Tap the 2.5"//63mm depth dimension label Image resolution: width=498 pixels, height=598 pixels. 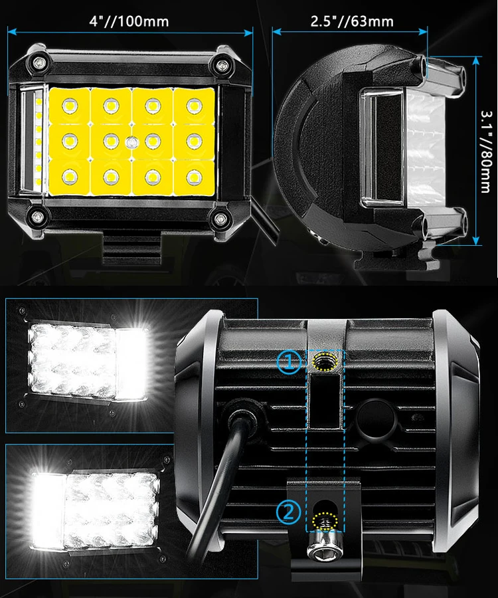point(352,21)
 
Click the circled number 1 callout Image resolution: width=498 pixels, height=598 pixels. point(289,361)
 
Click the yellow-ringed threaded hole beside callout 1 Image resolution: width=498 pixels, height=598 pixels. point(325,363)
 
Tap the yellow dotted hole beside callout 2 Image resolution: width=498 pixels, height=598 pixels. point(325,516)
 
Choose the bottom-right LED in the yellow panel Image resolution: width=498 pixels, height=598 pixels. point(194,177)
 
